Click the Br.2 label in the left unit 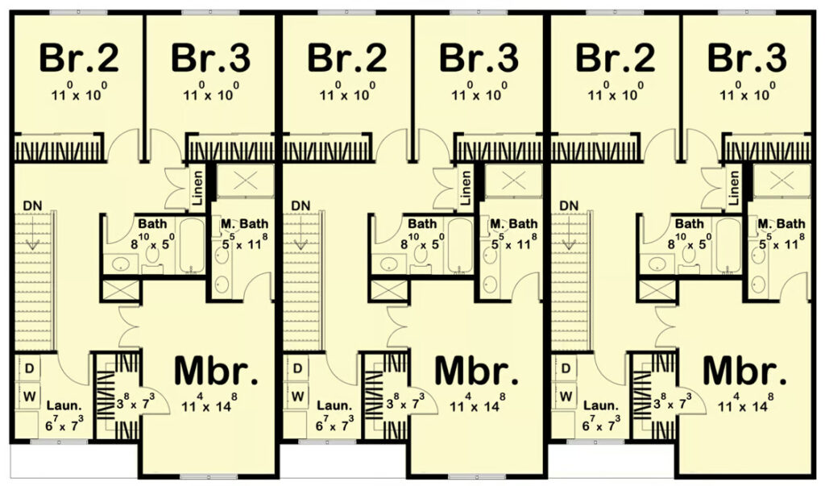click(x=79, y=58)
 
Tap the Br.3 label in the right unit click(x=747, y=58)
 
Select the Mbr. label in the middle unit click(x=476, y=371)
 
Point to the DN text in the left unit click(x=32, y=206)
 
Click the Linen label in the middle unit click(x=465, y=188)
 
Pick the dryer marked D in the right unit click(x=566, y=368)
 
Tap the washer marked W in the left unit click(x=30, y=396)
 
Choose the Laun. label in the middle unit click(x=334, y=406)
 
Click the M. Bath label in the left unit click(x=244, y=224)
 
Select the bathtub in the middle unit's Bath click(x=460, y=246)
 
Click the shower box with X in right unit click(x=781, y=181)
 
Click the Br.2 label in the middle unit click(x=347, y=58)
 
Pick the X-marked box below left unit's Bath click(x=121, y=292)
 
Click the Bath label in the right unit click(x=690, y=224)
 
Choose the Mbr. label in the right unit click(x=744, y=371)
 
